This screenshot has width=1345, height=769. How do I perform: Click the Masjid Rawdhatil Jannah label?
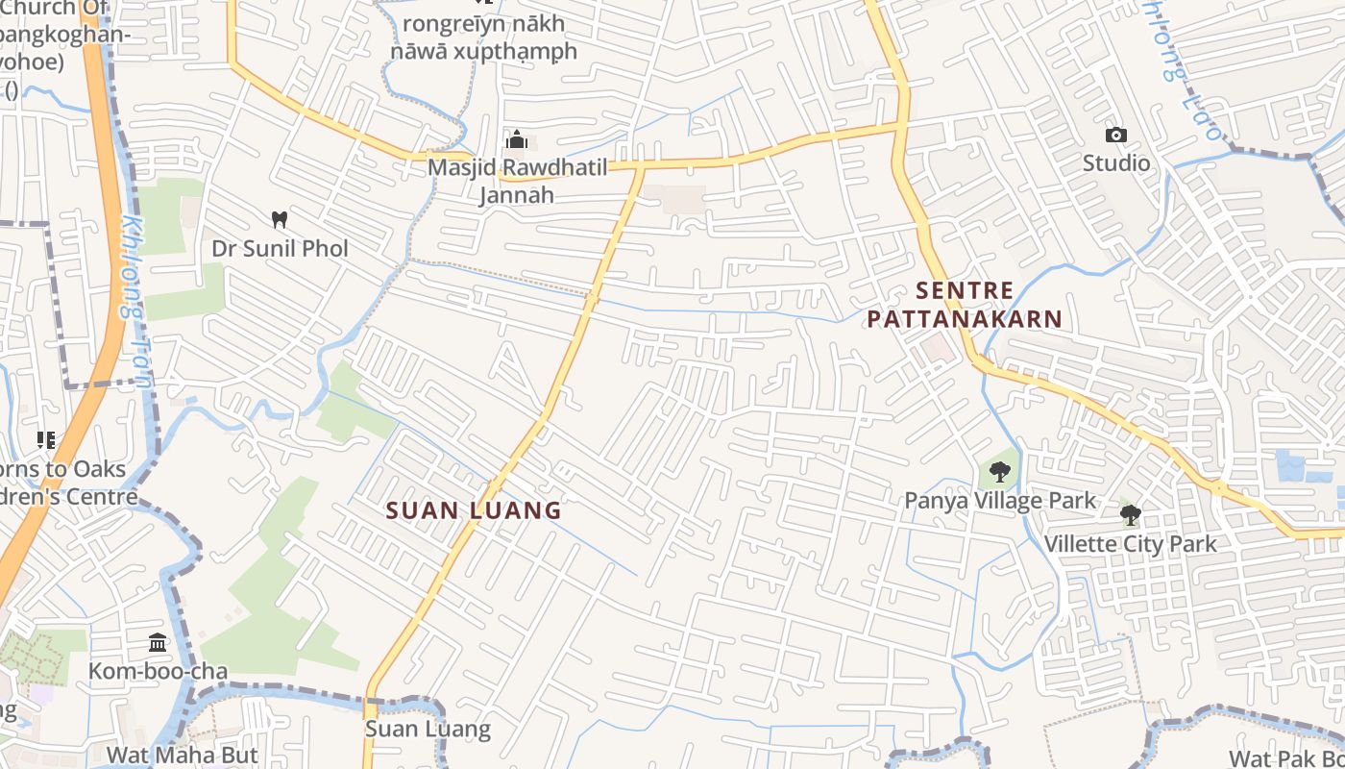tap(518, 181)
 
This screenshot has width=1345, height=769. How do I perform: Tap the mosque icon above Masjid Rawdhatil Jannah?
tap(517, 140)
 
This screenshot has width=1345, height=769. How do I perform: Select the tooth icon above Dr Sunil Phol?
tap(280, 219)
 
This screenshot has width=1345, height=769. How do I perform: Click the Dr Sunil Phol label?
tap(280, 248)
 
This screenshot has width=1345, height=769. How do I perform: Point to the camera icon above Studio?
tap(1115, 135)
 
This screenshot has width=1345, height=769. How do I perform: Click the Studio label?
tap(1115, 163)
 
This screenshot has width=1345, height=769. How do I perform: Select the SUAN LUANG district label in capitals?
tap(474, 510)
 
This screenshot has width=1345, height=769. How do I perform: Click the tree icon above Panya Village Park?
tap(1000, 472)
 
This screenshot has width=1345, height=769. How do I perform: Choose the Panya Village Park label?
tap(1000, 501)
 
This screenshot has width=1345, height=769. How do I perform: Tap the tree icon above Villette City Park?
tap(1130, 515)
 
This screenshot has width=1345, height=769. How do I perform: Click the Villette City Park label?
tap(1130, 544)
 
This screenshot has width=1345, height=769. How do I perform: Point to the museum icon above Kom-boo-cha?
tap(158, 642)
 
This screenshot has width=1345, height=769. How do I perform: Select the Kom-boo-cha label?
tap(158, 671)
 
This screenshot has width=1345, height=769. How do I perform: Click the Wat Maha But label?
tap(183, 755)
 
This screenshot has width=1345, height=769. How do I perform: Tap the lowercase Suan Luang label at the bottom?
tap(428, 730)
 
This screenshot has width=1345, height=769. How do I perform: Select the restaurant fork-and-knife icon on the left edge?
tap(45, 440)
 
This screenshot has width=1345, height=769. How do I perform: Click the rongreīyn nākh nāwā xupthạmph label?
tap(484, 37)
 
